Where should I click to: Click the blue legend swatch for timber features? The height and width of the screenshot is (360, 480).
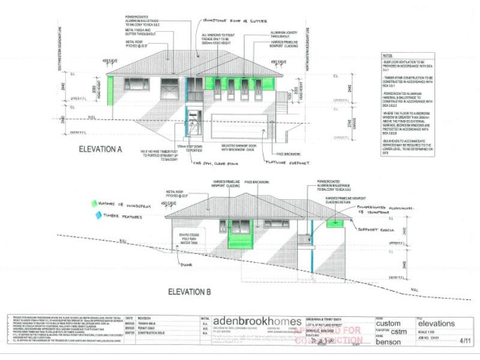pos(93,214)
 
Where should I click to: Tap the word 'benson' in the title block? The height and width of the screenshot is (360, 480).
pos(389,342)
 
